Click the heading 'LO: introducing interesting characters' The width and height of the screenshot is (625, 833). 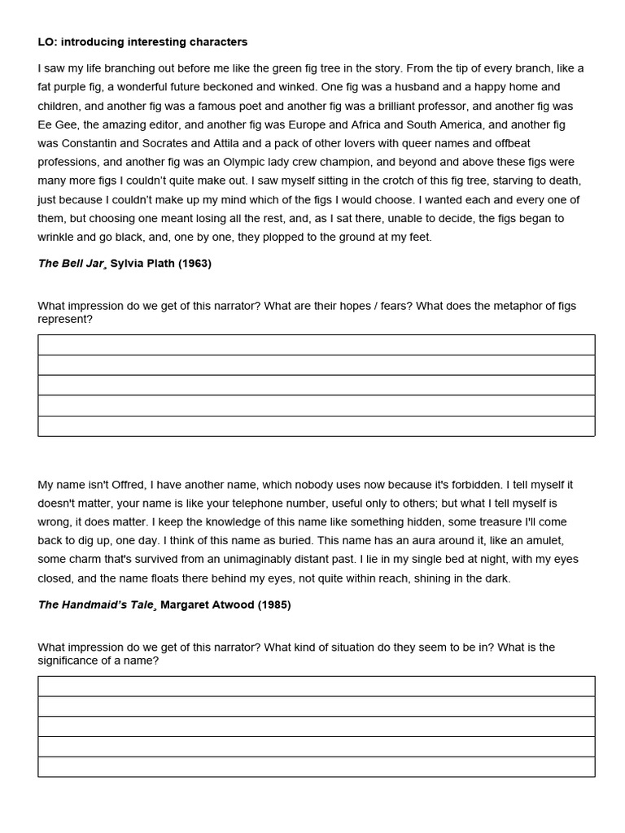point(142,41)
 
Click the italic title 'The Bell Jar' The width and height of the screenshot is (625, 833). point(72,264)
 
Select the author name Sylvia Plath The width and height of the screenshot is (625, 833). point(143,264)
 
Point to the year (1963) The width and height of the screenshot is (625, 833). point(195,264)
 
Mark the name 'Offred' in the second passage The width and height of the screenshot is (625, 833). point(127,485)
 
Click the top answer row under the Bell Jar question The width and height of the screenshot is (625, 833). point(316,345)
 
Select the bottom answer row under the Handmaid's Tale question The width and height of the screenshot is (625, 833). point(316,766)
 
